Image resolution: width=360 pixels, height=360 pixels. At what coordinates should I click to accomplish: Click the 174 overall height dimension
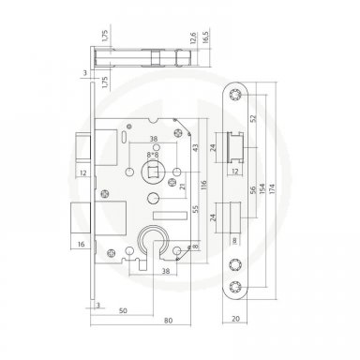[273, 188]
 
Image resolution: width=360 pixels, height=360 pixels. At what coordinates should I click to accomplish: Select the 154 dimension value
[262, 189]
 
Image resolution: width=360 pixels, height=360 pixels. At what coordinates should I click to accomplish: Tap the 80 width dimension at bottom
[169, 321]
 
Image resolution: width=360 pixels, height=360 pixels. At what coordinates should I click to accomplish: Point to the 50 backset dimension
[124, 310]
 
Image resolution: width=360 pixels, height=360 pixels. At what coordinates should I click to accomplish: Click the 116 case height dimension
[203, 187]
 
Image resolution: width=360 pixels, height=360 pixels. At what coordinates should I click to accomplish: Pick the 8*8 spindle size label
[153, 154]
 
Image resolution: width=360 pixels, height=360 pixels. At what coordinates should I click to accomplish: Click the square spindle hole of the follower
[153, 172]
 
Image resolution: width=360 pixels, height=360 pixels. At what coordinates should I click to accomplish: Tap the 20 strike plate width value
[236, 319]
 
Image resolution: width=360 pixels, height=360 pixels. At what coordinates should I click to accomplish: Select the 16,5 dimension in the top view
[206, 37]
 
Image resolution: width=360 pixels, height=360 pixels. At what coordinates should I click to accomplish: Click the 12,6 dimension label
[193, 37]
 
